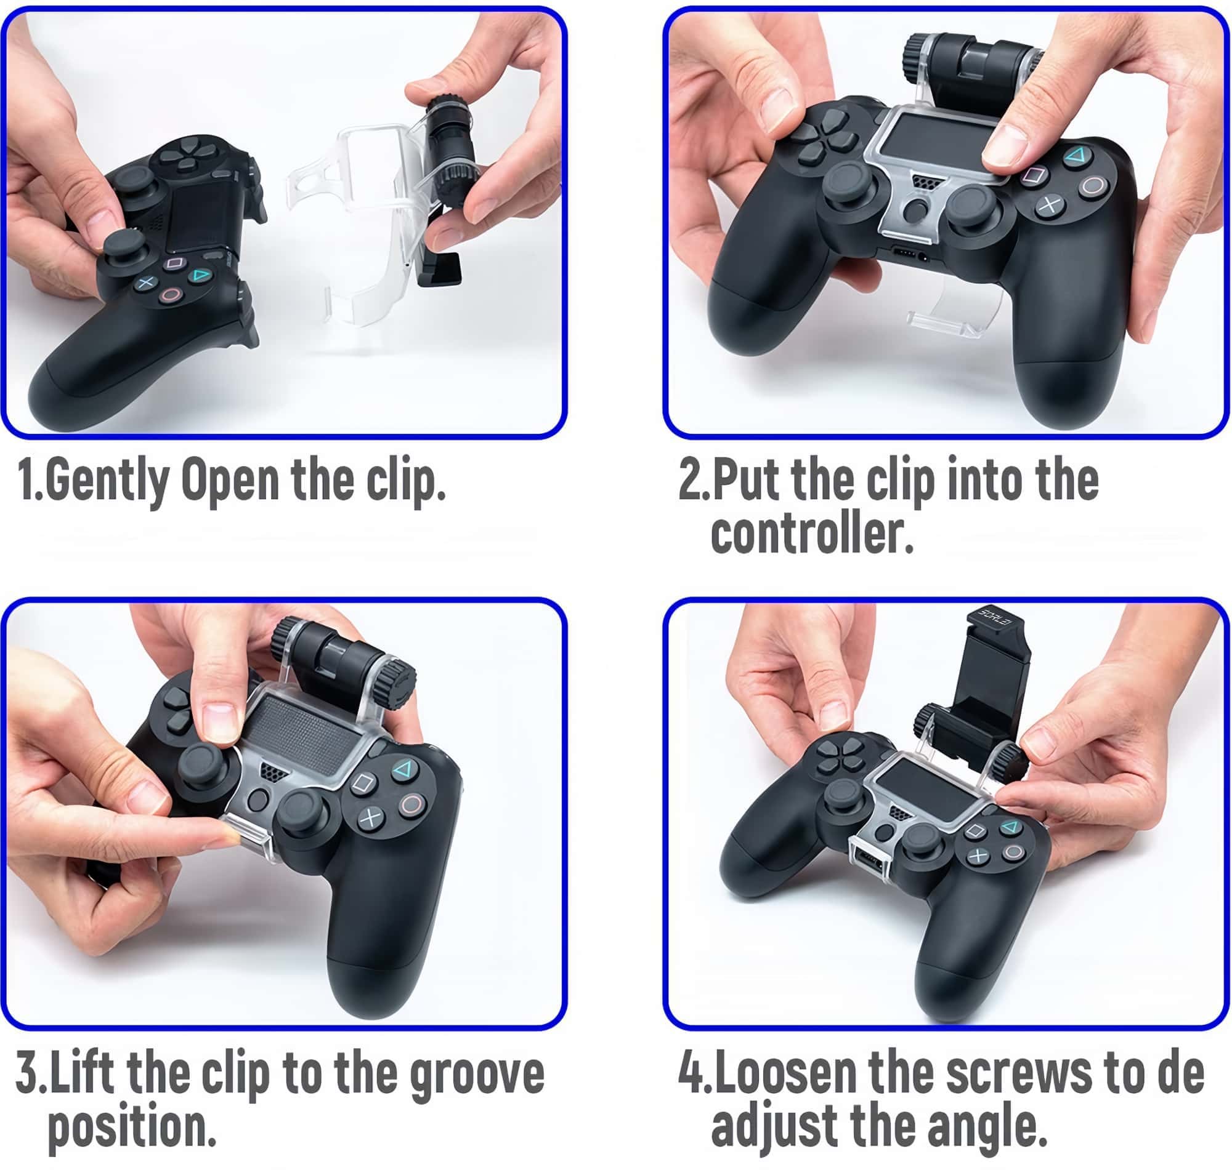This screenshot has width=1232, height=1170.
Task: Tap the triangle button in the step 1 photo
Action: click(x=201, y=275)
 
